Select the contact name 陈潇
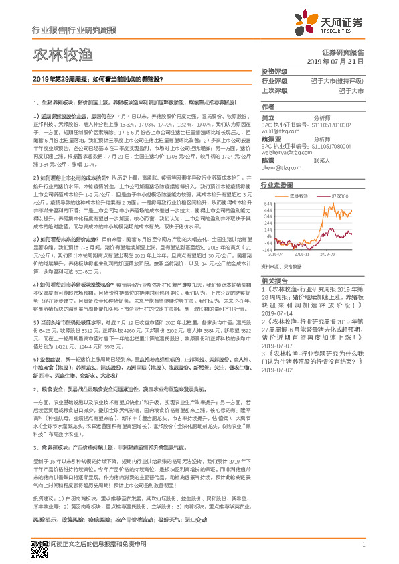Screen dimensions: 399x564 268,161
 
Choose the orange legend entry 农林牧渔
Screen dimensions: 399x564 301,196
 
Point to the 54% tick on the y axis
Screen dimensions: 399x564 268,202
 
